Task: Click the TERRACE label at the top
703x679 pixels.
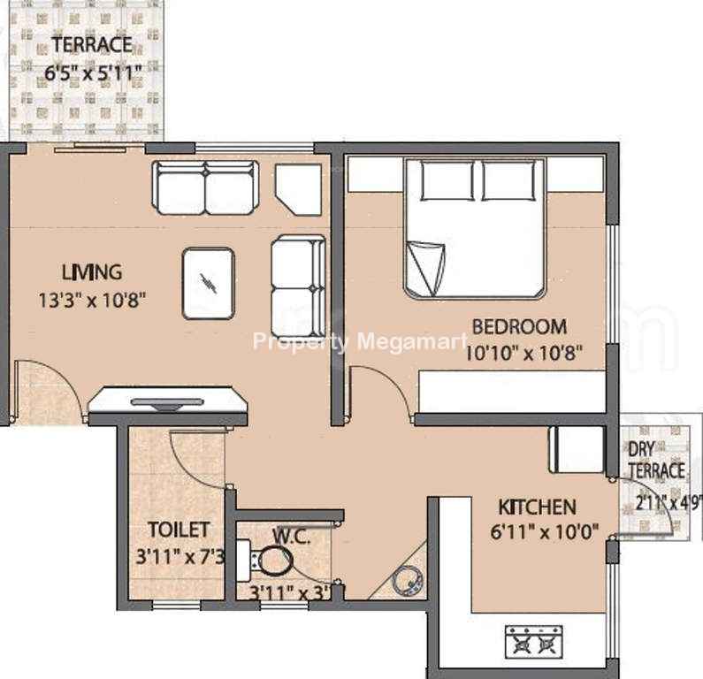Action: tap(92, 44)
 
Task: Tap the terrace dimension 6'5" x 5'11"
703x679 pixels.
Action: tap(93, 72)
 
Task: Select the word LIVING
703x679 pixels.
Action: tap(92, 272)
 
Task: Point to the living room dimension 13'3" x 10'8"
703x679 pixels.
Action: tap(92, 300)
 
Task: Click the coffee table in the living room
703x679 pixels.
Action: tap(209, 284)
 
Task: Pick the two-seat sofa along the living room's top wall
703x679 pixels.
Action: tap(206, 187)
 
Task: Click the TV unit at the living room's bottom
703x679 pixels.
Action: tap(168, 400)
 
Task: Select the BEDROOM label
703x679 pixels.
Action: tap(520, 327)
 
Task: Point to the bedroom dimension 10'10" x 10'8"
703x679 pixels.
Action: tap(524, 353)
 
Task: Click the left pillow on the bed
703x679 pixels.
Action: tap(447, 180)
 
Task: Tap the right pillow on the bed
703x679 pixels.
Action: tap(508, 180)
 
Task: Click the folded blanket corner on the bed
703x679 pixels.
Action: tap(425, 269)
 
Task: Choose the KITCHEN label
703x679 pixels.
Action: tap(537, 507)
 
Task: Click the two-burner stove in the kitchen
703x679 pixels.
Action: tap(533, 642)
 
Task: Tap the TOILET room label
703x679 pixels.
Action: tap(179, 530)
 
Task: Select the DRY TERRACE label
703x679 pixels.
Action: tap(656, 460)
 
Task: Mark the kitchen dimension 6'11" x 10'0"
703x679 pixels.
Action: tap(545, 532)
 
